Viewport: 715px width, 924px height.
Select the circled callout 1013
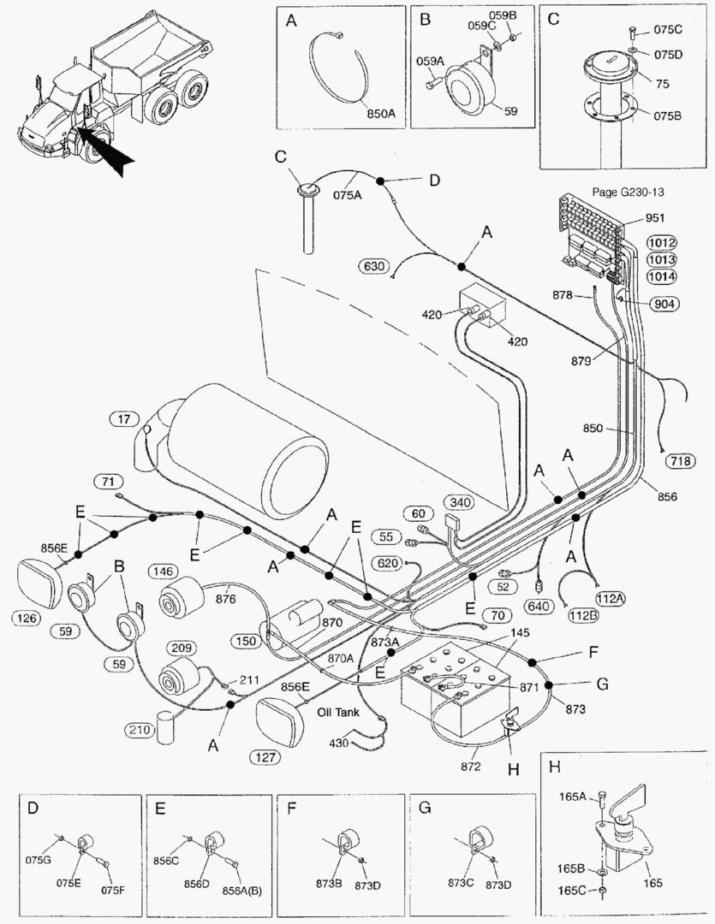[661, 259]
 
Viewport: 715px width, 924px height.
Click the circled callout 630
[375, 266]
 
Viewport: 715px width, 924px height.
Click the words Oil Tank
[336, 712]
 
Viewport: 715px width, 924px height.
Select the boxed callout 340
[458, 503]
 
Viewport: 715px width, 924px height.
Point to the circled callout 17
[125, 418]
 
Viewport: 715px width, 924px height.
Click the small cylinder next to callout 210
[166, 726]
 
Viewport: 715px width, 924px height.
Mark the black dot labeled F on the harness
[533, 663]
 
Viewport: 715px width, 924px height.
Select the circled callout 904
[662, 304]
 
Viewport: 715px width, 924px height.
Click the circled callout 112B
[583, 614]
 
